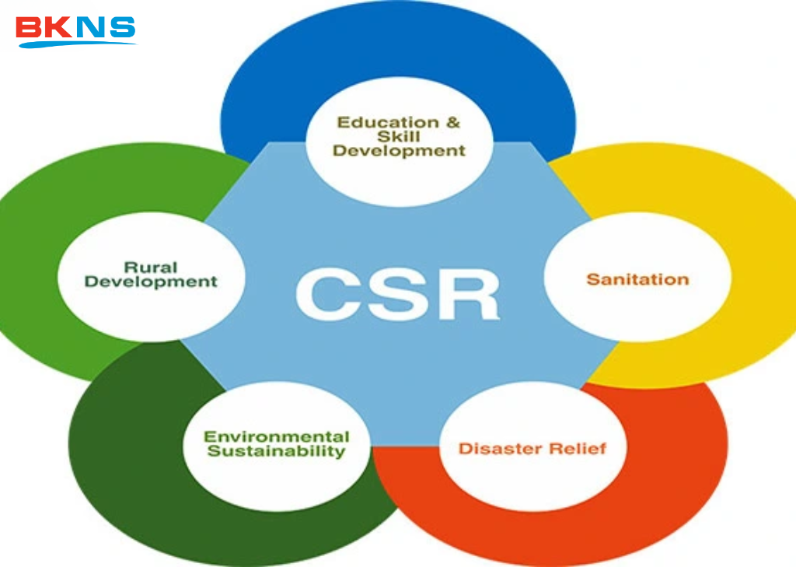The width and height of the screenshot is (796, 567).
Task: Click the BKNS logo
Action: (x=75, y=30)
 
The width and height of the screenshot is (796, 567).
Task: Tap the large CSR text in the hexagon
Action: (x=397, y=294)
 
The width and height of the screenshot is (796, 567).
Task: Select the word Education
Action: (x=377, y=122)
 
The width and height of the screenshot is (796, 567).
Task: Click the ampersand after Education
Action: (x=452, y=122)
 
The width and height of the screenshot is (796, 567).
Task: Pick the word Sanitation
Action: (x=637, y=278)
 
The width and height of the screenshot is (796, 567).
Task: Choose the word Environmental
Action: (x=276, y=436)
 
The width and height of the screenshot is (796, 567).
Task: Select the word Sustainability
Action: (x=276, y=451)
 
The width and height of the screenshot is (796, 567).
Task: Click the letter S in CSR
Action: (x=397, y=294)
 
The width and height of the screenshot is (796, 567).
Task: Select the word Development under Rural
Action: (x=151, y=282)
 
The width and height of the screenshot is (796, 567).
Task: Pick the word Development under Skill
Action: (x=399, y=151)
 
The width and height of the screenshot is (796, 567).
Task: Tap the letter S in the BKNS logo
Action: (x=122, y=27)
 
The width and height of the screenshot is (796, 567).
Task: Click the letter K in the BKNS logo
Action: (x=59, y=27)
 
